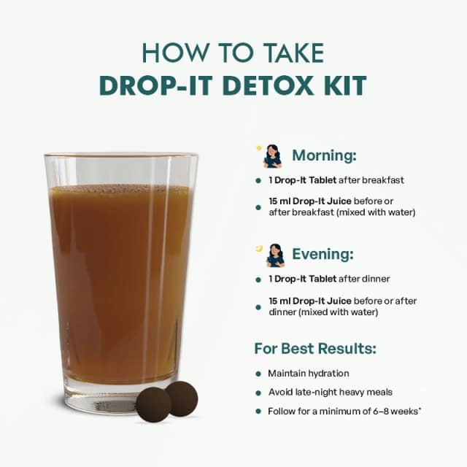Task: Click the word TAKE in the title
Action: pos(294,53)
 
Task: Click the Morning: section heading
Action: pos(324,155)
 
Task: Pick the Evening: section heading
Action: pos(323,254)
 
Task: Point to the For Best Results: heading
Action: pos(315,348)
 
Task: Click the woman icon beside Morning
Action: pos(272,156)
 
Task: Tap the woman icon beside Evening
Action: pos(275,255)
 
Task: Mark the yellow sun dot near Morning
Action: pos(259,148)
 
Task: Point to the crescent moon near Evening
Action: pos(259,248)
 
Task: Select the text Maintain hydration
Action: pos(309,374)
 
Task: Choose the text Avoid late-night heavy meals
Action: pos(331,393)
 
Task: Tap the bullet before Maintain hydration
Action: pos(258,374)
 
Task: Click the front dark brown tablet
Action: pos(153,405)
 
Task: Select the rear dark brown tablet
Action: pos(182,398)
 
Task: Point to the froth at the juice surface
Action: pos(119,188)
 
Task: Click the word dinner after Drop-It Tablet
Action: pos(376,279)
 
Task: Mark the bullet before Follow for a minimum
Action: pos(258,412)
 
